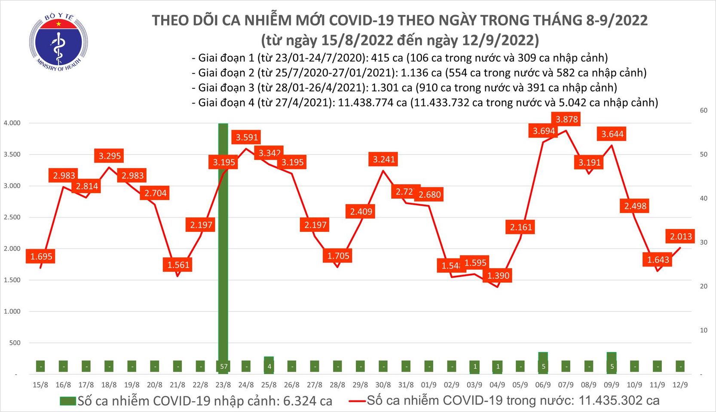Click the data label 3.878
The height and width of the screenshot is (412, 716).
click(566, 119)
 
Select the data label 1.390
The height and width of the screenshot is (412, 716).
click(498, 276)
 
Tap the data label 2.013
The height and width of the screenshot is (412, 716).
click(681, 236)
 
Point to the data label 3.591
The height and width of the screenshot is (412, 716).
click(247, 137)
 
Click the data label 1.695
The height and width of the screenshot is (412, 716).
click(41, 257)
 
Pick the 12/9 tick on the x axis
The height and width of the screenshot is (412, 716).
click(680, 385)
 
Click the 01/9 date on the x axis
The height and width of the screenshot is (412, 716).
click(428, 385)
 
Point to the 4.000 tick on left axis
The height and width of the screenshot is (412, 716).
click(12, 123)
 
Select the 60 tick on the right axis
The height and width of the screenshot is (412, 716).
click(704, 110)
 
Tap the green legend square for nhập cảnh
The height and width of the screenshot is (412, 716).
click(67, 401)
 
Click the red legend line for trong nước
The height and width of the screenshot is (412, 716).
click(357, 401)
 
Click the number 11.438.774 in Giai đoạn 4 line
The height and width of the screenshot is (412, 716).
click(372, 103)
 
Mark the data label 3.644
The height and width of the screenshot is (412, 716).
click(612, 134)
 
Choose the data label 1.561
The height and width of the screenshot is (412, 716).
click(178, 265)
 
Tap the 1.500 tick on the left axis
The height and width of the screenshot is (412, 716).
click(12, 280)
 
